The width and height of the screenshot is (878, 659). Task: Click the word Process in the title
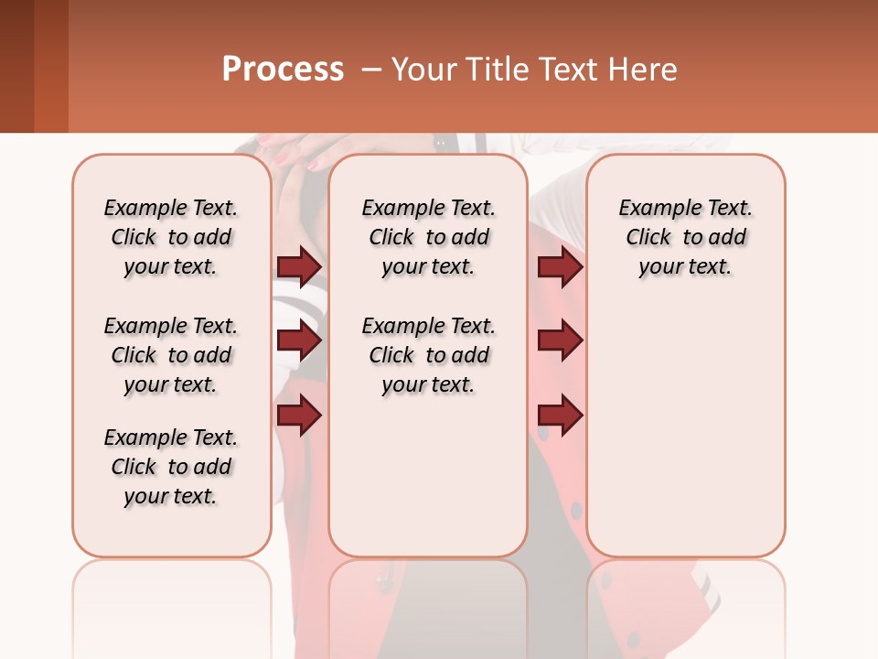[283, 69]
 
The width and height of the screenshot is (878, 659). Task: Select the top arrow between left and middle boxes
[299, 267]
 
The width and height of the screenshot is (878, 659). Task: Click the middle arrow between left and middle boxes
[299, 341]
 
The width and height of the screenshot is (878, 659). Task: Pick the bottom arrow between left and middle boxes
[299, 416]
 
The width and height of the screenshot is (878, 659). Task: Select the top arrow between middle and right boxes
[560, 267]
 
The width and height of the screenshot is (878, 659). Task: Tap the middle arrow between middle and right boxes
[560, 341]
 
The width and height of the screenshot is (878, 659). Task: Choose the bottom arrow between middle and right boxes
[560, 416]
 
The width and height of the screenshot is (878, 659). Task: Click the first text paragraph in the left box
[171, 237]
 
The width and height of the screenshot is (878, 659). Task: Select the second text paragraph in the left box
[171, 355]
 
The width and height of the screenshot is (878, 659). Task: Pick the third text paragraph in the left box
[171, 467]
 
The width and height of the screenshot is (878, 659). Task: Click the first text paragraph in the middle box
[428, 237]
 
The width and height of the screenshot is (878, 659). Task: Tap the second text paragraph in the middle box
[428, 355]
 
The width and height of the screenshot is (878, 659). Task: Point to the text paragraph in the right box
[685, 237]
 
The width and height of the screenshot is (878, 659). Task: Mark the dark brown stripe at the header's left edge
[16, 66]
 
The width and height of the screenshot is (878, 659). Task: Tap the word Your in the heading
[423, 69]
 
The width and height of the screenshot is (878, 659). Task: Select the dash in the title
[371, 69]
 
